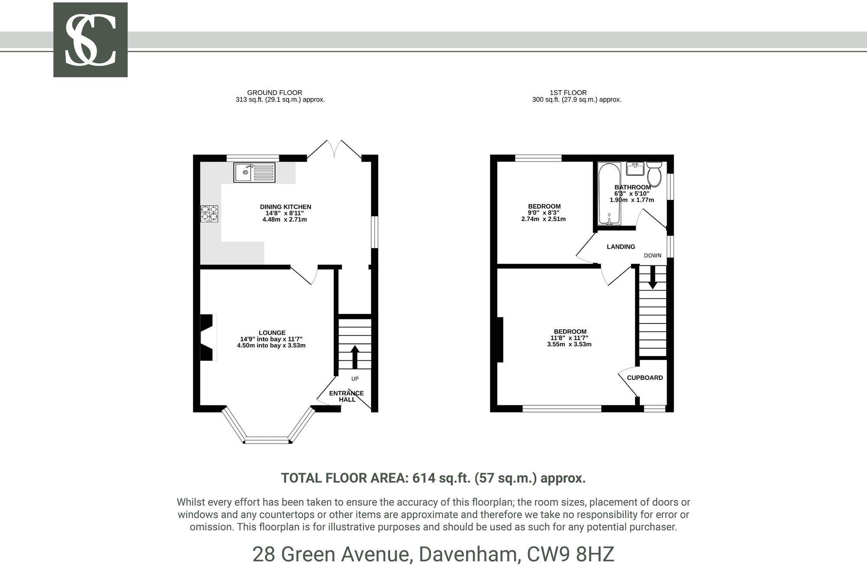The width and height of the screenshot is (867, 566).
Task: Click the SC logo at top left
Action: click(x=90, y=40)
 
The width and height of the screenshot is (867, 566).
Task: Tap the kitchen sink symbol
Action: click(x=254, y=172)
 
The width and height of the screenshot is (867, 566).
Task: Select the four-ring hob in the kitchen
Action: click(x=209, y=213)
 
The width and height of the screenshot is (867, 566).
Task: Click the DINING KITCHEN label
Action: click(x=285, y=207)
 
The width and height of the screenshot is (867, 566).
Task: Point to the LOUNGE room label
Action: click(x=272, y=333)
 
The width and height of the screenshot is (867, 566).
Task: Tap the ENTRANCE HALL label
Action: click(x=346, y=396)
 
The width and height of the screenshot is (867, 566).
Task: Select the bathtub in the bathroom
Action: click(x=609, y=194)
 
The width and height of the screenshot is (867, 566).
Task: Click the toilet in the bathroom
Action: click(x=654, y=174)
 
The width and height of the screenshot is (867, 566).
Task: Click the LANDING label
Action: click(x=621, y=247)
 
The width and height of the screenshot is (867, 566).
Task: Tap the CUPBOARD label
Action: click(x=645, y=378)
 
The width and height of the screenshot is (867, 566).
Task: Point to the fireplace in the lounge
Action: click(x=208, y=337)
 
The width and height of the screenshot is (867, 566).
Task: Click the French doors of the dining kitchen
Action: click(x=334, y=150)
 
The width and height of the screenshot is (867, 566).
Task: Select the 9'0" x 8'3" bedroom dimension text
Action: click(x=544, y=213)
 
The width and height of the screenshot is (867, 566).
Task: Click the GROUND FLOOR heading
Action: click(x=274, y=92)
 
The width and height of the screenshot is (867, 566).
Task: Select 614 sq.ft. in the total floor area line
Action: click(x=441, y=478)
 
